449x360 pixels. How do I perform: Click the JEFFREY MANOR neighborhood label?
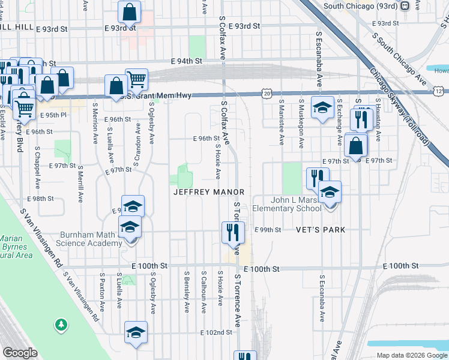coord(209,192)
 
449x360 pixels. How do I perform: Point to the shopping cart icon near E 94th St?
coord(137,79)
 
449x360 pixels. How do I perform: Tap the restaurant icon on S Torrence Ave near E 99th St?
coord(233,232)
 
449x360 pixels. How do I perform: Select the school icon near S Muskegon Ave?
coord(322,107)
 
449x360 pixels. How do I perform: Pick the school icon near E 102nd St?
coord(136,332)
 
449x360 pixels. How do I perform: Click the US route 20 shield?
coord(267,92)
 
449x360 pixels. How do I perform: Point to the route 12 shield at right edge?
coord(439,91)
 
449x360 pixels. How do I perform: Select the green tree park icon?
coord(61,325)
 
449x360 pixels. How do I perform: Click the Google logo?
coord(20,353)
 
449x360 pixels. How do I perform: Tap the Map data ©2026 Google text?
coord(411,355)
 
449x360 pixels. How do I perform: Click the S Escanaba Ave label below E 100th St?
coord(322,295)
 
